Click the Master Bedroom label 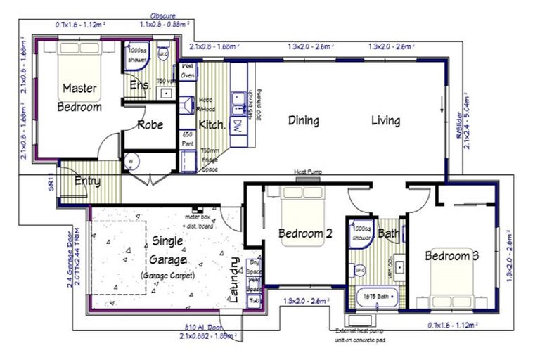click(79, 98)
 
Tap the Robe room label click(150, 125)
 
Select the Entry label click(87, 181)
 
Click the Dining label click(303, 121)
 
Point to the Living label click(385, 121)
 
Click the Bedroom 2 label click(304, 233)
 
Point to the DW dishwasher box click(238, 126)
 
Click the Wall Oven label click(188, 70)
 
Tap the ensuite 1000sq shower click(136, 55)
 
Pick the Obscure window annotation click(163, 15)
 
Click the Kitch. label click(212, 125)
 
